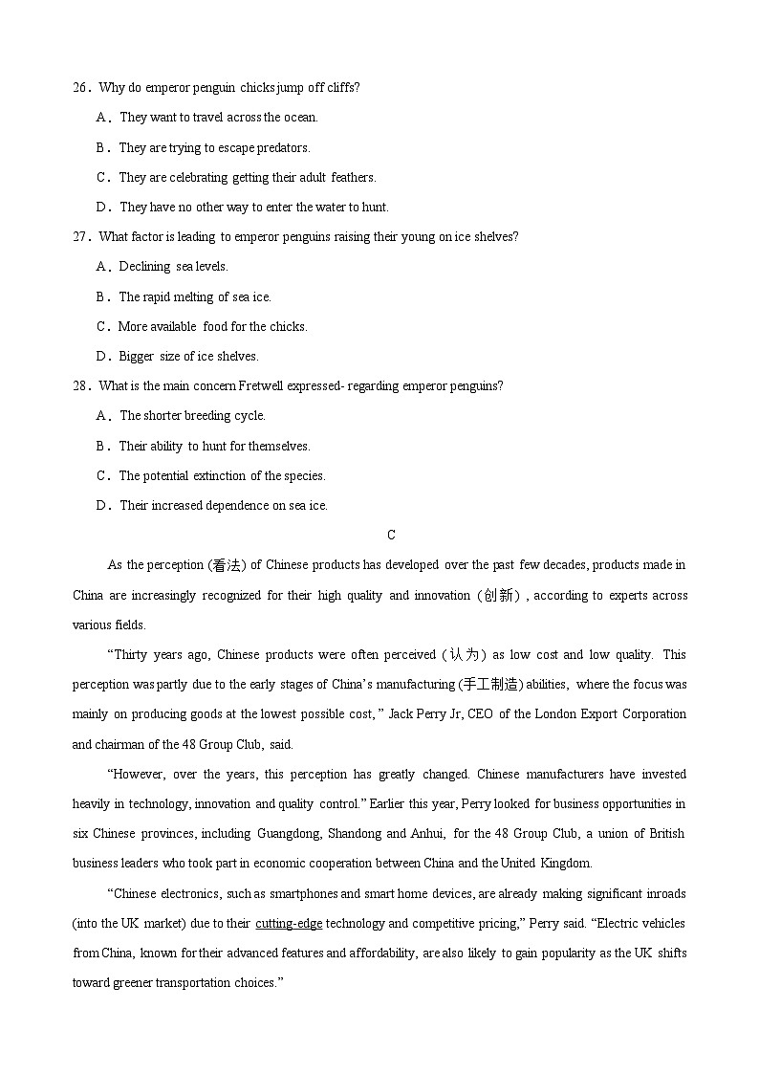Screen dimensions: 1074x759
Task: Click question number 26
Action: click(x=80, y=88)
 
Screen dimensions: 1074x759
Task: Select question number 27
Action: click(x=80, y=237)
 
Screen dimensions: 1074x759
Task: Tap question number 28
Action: click(x=80, y=386)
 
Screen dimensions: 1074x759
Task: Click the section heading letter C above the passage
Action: click(x=391, y=536)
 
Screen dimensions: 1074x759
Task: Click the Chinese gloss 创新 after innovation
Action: click(x=498, y=596)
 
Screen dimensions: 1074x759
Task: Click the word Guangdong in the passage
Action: click(x=289, y=834)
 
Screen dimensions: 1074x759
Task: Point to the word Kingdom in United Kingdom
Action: click(x=566, y=864)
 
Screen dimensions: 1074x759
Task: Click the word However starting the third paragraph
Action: click(x=136, y=775)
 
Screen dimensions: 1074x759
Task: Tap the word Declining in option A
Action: click(x=144, y=267)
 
